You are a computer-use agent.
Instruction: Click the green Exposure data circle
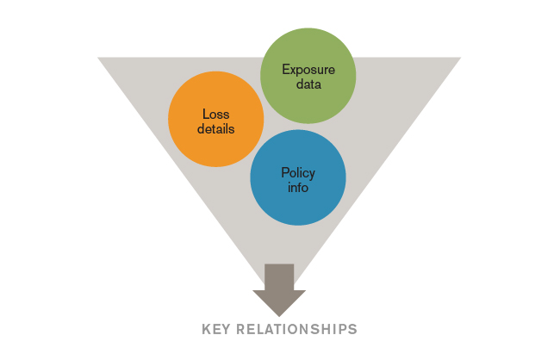[x=308, y=76]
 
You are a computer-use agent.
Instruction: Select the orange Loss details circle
[x=215, y=119]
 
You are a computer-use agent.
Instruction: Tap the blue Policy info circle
[x=297, y=178]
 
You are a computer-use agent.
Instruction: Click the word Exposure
[x=308, y=70]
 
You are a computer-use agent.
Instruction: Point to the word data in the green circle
[x=308, y=84]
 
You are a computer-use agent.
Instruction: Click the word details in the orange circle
[x=215, y=128]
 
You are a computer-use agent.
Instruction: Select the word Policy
[x=298, y=172]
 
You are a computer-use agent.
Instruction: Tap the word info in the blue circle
[x=298, y=187]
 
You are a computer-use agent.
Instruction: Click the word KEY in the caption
[x=215, y=329]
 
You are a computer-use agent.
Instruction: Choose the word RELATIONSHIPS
[x=299, y=329]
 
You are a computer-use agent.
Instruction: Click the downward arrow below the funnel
[x=279, y=289]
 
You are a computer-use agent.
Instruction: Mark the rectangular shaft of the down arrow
[x=279, y=277]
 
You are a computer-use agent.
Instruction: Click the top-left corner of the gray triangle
[x=99, y=59]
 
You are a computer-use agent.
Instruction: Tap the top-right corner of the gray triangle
[x=459, y=59]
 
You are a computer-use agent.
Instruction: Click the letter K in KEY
[x=206, y=329]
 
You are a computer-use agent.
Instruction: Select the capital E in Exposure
[x=285, y=70]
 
